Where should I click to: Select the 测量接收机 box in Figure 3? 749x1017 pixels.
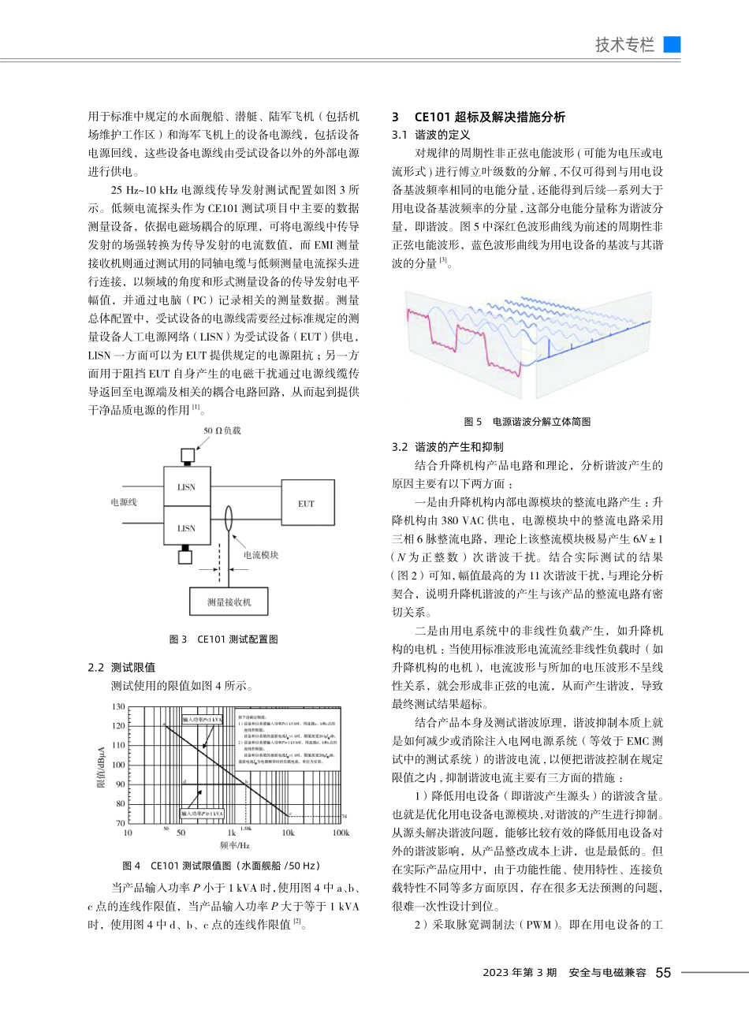pos(229,602)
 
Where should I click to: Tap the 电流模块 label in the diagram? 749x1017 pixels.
pos(260,555)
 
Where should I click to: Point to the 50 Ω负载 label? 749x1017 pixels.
pos(222,430)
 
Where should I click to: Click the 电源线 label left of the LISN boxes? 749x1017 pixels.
pos(123,502)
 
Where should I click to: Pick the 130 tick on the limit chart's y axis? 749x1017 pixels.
pos(118,707)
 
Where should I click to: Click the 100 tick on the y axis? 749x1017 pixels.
pos(118,765)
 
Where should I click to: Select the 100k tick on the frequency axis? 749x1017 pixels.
pos(341,833)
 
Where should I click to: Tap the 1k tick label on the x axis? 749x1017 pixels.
pos(231,833)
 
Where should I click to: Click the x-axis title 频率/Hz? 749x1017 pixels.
pos(235,846)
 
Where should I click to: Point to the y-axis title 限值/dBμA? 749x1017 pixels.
pos(101,765)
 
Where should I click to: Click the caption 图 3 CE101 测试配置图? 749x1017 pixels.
pos(224,639)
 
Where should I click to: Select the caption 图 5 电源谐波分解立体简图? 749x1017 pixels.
pos(527,422)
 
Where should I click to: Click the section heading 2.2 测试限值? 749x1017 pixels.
pos(121,667)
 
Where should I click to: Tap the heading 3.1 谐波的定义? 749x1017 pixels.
pos(430,135)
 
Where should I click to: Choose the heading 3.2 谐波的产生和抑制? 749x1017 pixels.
pos(447,447)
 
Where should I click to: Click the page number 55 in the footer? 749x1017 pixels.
pos(663,973)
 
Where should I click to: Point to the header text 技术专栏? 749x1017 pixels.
pos(624,45)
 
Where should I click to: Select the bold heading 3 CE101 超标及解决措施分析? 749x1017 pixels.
pos(478,117)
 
